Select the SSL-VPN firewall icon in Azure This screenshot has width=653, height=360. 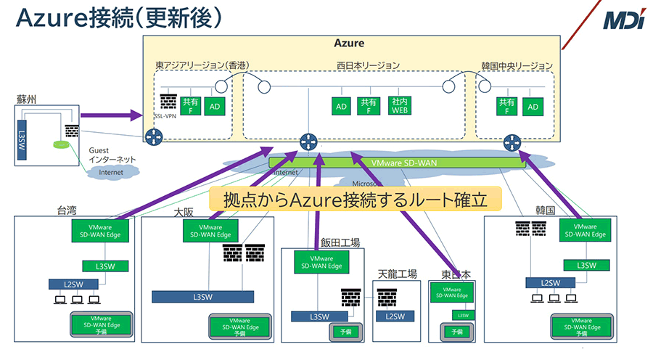click(x=169, y=102)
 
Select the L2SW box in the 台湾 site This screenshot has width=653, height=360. click(x=73, y=283)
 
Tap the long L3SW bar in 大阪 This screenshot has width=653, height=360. click(x=202, y=297)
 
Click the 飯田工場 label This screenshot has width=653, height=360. click(x=340, y=242)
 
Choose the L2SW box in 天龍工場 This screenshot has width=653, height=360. click(x=395, y=316)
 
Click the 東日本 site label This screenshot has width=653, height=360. click(x=456, y=275)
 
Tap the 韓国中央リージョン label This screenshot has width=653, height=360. click(x=516, y=65)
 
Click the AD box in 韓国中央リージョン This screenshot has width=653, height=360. click(x=533, y=106)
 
